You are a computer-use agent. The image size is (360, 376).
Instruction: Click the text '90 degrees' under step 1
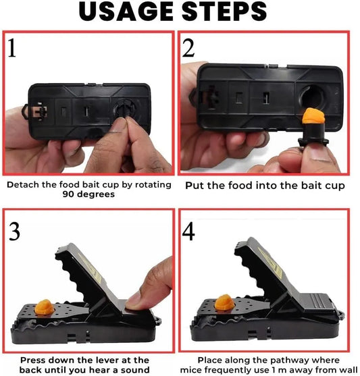point(88,194)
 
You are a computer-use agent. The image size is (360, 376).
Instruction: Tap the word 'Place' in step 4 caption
point(211,360)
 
